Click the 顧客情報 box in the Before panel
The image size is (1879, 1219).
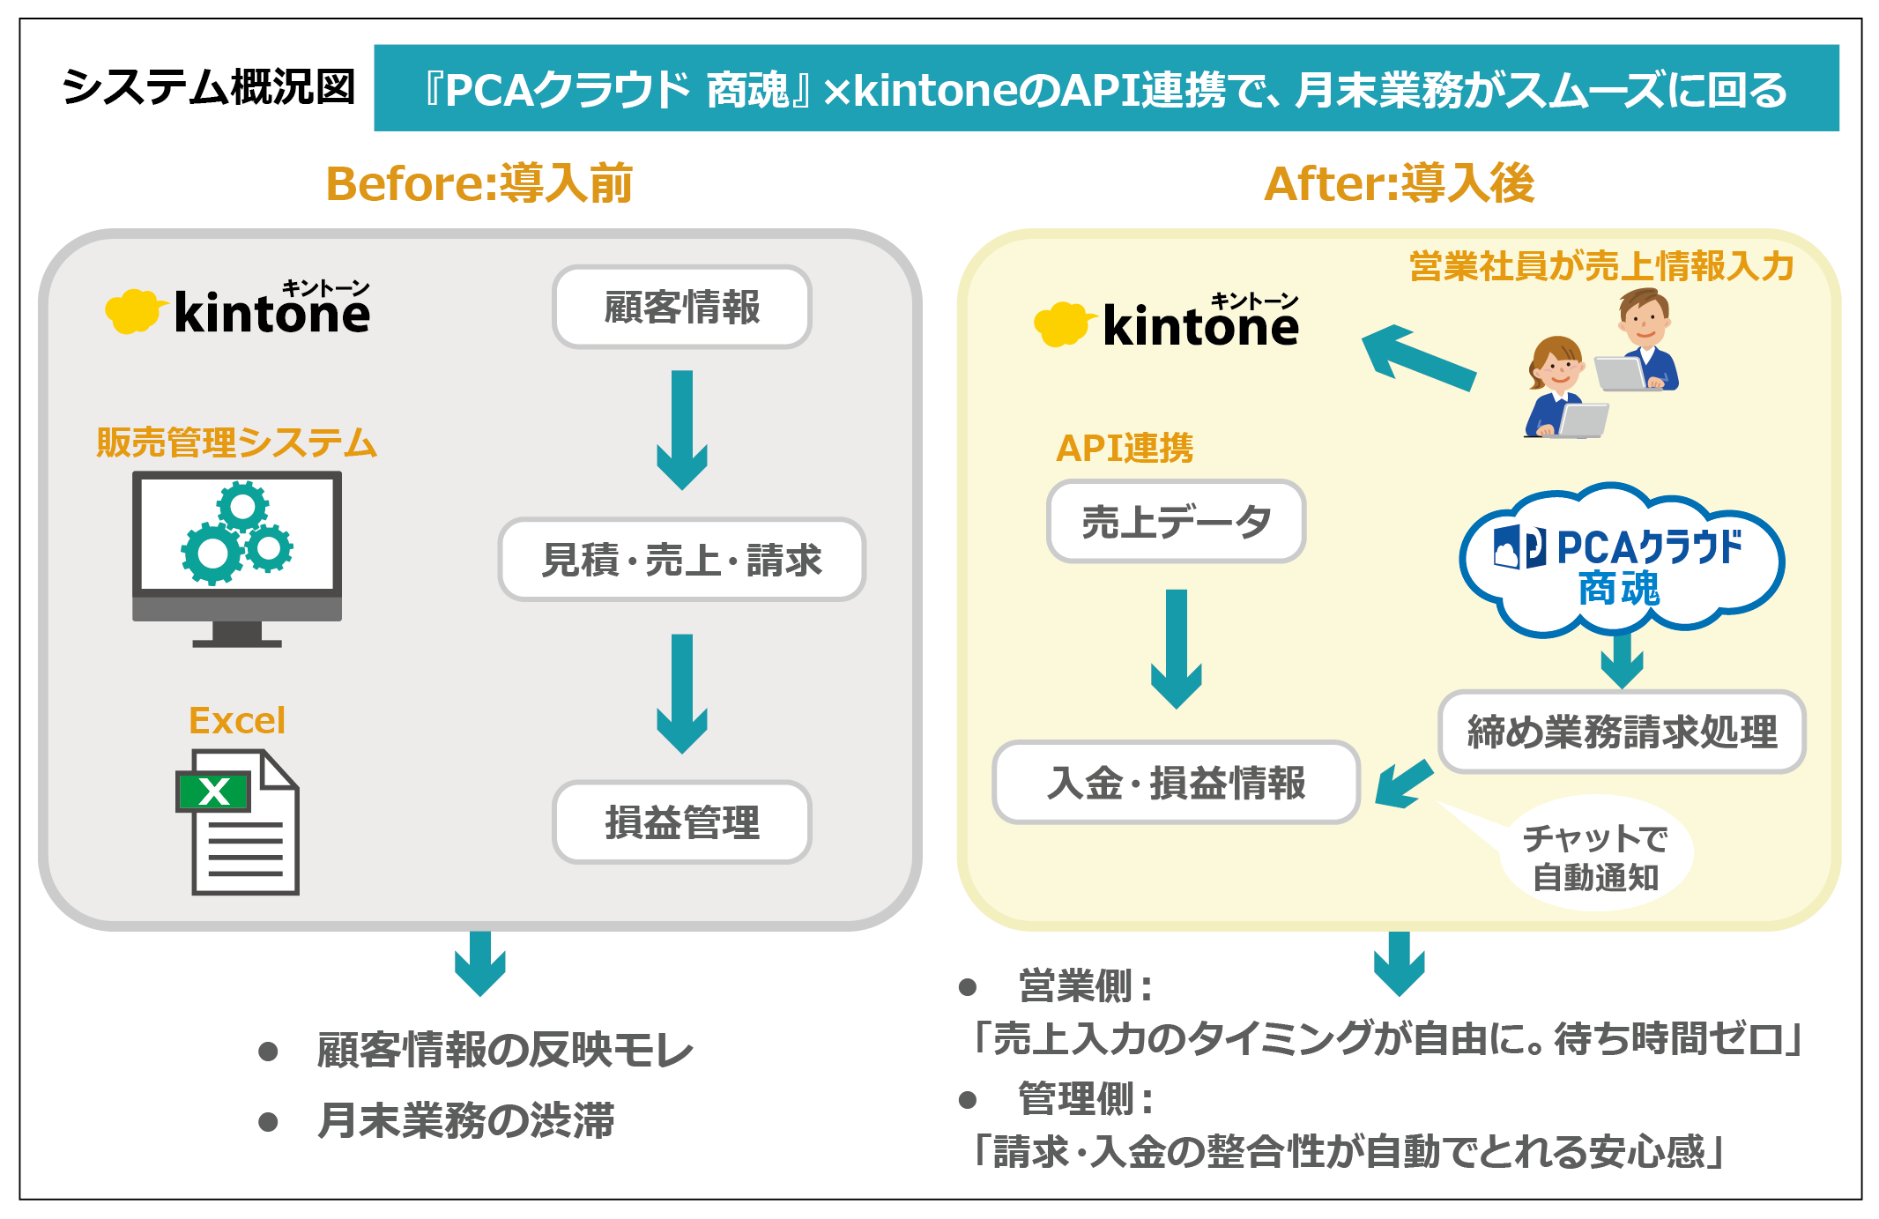point(681,307)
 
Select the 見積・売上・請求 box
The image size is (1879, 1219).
point(681,560)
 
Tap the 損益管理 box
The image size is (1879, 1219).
point(681,822)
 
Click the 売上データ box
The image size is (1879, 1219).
point(1176,522)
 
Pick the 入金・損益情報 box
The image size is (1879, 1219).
point(1176,783)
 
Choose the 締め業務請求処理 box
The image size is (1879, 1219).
point(1622,732)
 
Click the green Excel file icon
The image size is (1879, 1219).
point(238,821)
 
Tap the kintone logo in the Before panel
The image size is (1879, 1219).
point(238,310)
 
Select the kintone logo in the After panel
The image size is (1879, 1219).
point(1166,323)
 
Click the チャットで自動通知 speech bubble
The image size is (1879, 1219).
point(1595,857)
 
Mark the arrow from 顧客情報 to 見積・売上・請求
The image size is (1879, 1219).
point(681,429)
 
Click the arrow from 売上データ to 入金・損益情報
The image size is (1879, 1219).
point(1176,649)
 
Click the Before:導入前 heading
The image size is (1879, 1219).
point(479,183)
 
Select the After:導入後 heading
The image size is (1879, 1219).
point(1399,183)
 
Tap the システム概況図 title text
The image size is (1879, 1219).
point(208,87)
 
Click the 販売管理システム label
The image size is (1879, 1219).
point(236,442)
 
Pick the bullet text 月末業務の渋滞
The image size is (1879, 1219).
point(464,1121)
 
